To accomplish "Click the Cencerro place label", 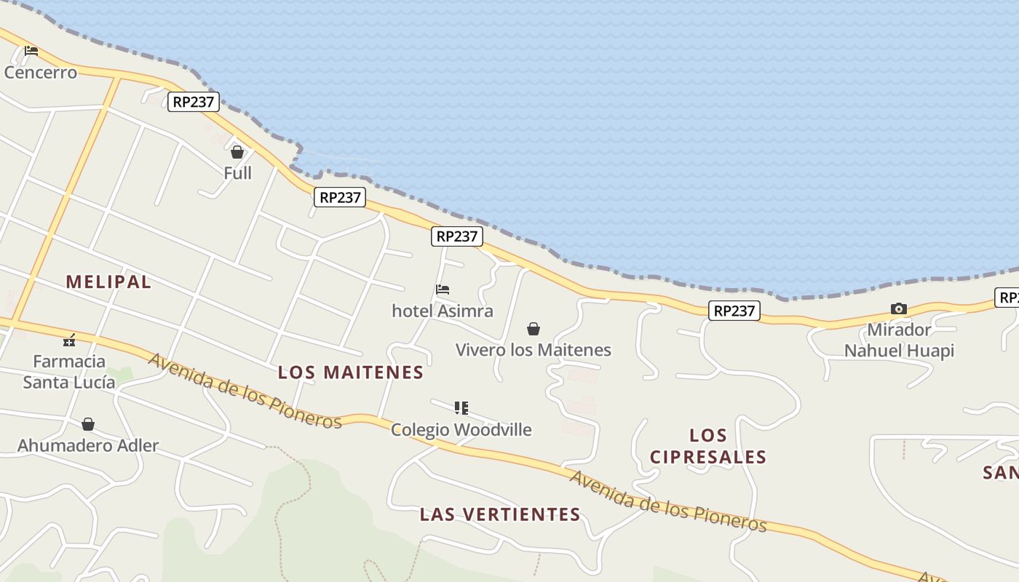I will [x=41, y=73].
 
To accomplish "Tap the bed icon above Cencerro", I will [x=31, y=51].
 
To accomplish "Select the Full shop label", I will [x=237, y=173].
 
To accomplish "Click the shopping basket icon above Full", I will [x=237, y=152].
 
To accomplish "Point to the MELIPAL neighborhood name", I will [x=108, y=282].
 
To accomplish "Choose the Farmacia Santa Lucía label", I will [x=69, y=372].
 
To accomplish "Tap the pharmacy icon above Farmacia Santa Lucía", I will [x=69, y=340].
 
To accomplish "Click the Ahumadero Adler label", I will [x=88, y=445].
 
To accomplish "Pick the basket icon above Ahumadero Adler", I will [x=88, y=424].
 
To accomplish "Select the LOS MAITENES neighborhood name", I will [x=351, y=372].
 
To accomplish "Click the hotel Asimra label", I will [x=443, y=311].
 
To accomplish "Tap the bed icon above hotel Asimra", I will [x=443, y=290].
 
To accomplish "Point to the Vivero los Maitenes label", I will [x=534, y=350].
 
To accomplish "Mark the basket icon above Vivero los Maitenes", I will [x=534, y=329].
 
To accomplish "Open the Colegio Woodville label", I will [x=461, y=429].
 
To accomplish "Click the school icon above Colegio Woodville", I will [x=461, y=407].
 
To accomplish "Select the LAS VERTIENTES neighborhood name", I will [x=500, y=514].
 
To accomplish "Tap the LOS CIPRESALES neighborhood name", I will [x=708, y=446].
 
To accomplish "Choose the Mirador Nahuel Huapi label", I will [x=899, y=340].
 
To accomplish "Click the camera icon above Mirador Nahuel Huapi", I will [x=899, y=309].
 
